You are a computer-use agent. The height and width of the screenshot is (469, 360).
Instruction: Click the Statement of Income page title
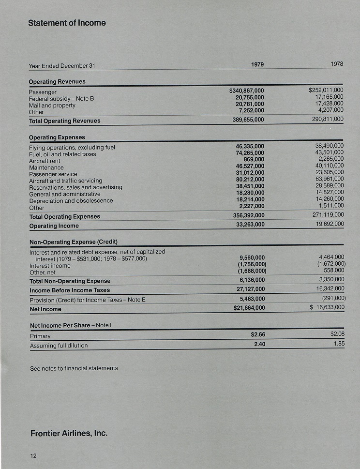click(67, 23)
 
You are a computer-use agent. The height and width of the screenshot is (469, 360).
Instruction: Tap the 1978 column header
click(337, 64)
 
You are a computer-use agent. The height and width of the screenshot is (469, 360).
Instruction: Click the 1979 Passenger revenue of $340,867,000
click(246, 91)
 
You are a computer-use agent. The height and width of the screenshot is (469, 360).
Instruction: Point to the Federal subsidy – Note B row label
click(61, 99)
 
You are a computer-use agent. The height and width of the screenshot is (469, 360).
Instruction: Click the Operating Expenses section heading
click(57, 137)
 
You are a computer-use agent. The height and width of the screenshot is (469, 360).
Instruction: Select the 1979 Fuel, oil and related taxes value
click(250, 153)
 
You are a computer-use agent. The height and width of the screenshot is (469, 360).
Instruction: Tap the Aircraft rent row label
click(45, 161)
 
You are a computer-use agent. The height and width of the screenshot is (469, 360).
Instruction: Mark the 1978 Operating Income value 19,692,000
click(327, 224)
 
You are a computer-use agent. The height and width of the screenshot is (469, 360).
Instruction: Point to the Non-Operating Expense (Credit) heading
click(73, 242)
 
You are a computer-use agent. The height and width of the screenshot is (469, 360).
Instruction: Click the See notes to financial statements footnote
click(74, 368)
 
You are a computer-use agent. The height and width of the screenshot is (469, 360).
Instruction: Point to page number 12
click(34, 455)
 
